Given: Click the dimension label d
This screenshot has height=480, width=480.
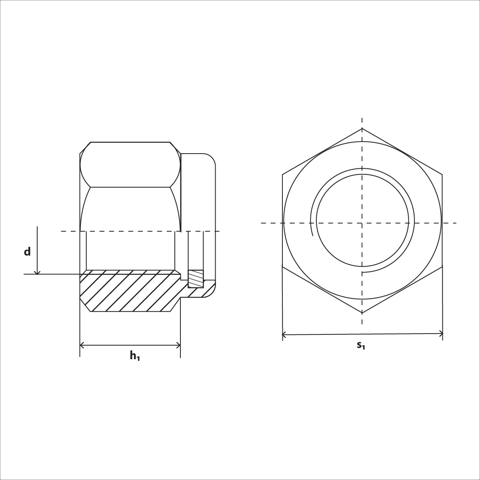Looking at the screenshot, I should [27, 252].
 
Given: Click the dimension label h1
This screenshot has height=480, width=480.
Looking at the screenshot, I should [134, 355].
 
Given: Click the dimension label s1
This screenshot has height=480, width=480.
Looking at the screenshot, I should [361, 345].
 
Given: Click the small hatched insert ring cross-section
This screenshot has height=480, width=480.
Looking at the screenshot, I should [196, 279].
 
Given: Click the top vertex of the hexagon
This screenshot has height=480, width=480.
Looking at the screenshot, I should [362, 128].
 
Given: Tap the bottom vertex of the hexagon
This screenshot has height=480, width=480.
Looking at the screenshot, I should [362, 313].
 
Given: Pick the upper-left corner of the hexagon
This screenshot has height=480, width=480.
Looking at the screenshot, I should [282, 175].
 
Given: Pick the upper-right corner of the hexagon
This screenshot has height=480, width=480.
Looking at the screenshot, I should [442, 175].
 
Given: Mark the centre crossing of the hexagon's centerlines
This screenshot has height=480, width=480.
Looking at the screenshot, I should [362, 223].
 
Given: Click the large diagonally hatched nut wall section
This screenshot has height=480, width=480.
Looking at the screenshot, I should [128, 292].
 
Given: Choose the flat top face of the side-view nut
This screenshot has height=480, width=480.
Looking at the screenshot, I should [130, 142].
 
